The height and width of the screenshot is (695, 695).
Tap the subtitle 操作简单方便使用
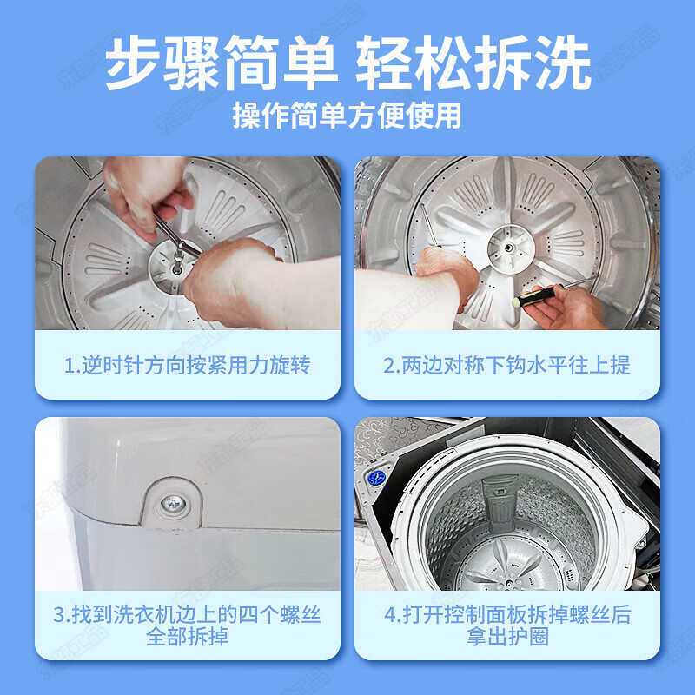click(347, 116)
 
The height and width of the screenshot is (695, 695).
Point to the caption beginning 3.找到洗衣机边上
click(187, 616)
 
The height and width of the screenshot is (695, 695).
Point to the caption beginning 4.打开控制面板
click(507, 616)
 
